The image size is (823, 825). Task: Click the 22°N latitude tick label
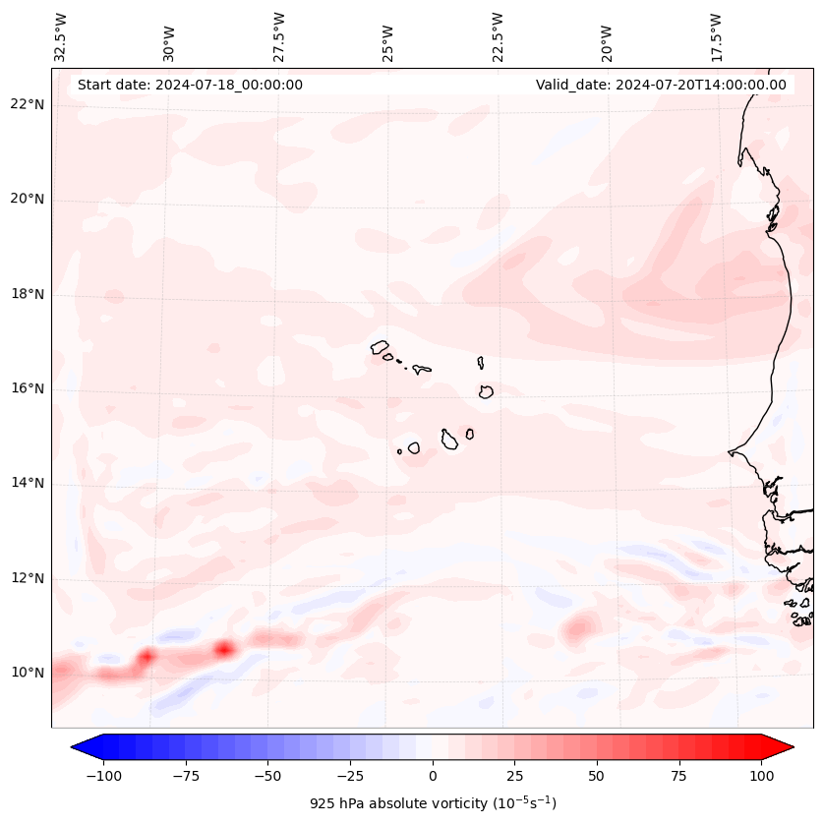point(28,105)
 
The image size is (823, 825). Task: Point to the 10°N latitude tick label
point(28,673)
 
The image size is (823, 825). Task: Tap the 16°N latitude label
point(28,388)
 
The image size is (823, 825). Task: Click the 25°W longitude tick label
point(388,38)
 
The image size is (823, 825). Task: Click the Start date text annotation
point(190,85)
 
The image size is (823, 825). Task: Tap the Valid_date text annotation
point(661,85)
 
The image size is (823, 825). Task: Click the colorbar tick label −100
point(104,776)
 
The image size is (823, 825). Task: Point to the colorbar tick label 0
point(433,776)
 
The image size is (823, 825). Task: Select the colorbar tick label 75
point(678,776)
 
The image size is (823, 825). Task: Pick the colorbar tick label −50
point(268,776)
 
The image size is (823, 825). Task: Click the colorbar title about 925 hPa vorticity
point(433,803)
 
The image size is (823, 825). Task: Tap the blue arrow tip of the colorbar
point(79,747)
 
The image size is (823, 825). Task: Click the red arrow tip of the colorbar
point(786,747)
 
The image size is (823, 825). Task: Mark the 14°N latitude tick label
point(28,483)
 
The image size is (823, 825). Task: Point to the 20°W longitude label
point(607,38)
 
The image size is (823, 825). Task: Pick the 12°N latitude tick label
point(28,578)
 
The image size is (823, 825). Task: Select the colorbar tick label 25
point(514,776)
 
